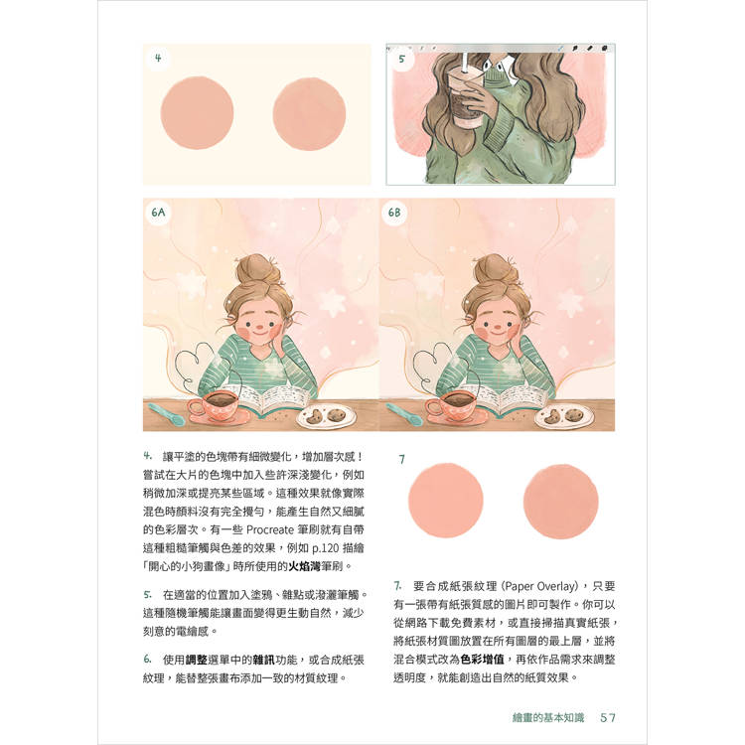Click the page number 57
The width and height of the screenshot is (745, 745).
608,717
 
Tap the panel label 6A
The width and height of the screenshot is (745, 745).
158,212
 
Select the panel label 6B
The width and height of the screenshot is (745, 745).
394,213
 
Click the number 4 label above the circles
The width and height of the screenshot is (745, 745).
158,58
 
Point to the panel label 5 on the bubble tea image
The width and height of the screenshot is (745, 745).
402,59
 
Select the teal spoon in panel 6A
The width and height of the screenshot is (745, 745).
166,414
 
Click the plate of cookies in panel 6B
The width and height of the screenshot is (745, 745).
564,416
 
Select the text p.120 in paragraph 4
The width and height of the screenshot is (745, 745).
326,548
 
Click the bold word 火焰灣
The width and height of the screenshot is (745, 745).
305,566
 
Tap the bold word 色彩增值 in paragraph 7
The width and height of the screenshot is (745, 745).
482,660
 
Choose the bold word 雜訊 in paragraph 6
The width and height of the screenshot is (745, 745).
264,660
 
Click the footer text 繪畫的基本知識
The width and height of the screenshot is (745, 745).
548,717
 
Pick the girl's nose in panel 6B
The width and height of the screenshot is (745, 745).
496,328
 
